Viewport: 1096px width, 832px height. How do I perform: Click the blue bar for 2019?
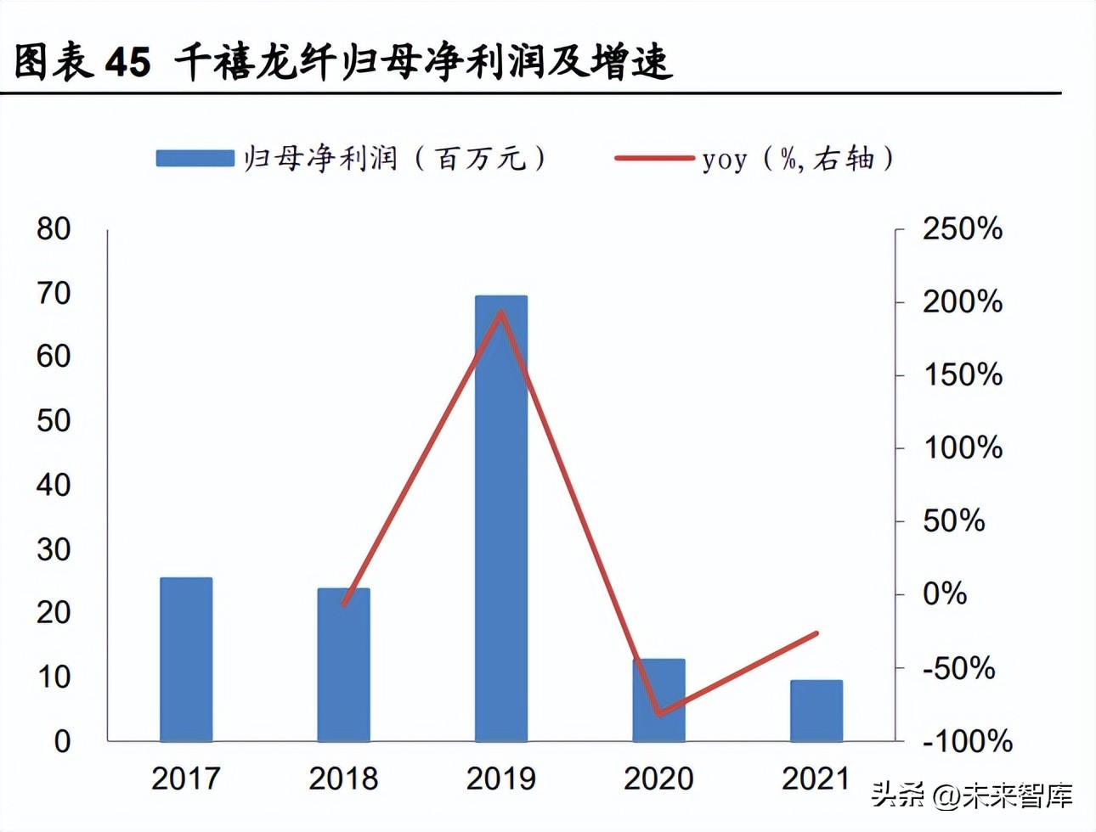click(x=501, y=518)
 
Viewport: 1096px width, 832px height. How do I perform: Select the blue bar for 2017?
click(x=186, y=659)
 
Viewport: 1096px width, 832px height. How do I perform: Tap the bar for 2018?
click(x=343, y=664)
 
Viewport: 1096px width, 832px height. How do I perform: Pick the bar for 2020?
click(x=658, y=700)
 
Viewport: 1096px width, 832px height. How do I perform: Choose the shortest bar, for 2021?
click(x=816, y=711)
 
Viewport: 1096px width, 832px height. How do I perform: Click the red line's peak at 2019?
click(x=501, y=312)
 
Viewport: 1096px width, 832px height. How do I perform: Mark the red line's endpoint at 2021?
click(x=816, y=633)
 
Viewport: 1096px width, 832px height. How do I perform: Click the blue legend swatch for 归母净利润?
click(x=195, y=159)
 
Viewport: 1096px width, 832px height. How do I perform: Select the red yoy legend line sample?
click(x=653, y=159)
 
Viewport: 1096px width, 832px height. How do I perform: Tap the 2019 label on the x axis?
click(x=501, y=779)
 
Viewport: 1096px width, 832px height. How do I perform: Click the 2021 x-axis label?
click(x=816, y=779)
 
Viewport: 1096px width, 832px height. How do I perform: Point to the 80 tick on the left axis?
click(x=54, y=228)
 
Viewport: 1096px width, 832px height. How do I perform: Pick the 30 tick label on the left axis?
click(x=54, y=549)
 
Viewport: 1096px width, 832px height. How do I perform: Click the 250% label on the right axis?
click(x=963, y=228)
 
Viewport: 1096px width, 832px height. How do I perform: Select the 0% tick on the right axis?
click(x=945, y=593)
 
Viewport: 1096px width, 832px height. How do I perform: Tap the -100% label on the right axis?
click(x=967, y=741)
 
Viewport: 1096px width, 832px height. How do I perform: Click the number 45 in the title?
click(x=128, y=62)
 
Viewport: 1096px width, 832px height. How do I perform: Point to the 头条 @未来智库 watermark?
click(x=972, y=795)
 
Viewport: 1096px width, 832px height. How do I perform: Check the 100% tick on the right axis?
click(x=963, y=447)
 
